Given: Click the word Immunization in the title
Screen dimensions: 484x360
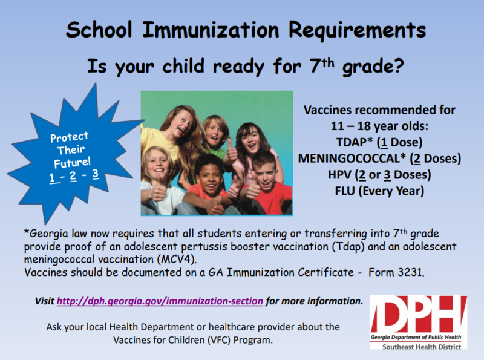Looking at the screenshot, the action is [211, 30].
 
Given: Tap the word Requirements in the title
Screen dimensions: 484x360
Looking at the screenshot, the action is [357, 31].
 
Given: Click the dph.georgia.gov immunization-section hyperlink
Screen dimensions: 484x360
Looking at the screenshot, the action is [160, 301].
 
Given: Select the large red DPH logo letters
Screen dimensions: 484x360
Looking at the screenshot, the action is [419, 314].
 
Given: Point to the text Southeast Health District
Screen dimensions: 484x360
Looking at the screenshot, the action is [422, 347].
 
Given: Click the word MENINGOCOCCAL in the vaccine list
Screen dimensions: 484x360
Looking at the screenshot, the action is [349, 159].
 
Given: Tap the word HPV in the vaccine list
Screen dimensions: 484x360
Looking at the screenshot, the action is [339, 175].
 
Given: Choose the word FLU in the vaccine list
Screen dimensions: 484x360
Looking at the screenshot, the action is [345, 191].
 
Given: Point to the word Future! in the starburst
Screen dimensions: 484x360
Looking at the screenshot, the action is [72, 162].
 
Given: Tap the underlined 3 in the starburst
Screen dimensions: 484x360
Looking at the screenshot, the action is [96, 174].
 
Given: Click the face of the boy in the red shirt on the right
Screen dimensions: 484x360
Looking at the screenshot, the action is [265, 175].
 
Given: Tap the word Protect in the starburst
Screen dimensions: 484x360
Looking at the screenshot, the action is [70, 137].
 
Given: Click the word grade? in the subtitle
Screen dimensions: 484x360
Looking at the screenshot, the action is [373, 67].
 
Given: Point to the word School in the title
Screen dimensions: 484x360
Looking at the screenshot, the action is [99, 30].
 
